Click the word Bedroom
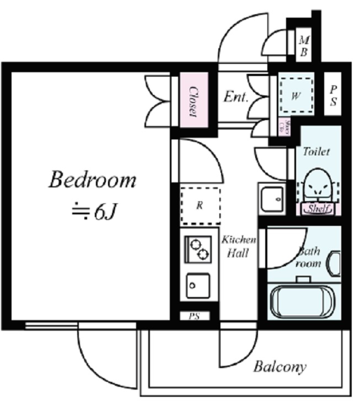pos(92,180)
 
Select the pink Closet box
pos(192,101)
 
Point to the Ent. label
pos(235,97)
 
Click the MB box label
pos(304,46)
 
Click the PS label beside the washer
pos(334,95)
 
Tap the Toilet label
pos(316,150)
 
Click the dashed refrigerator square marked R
pos(200,205)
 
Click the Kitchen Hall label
pos(239,247)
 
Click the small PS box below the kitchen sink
pos(194,316)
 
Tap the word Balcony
pos(280,367)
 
